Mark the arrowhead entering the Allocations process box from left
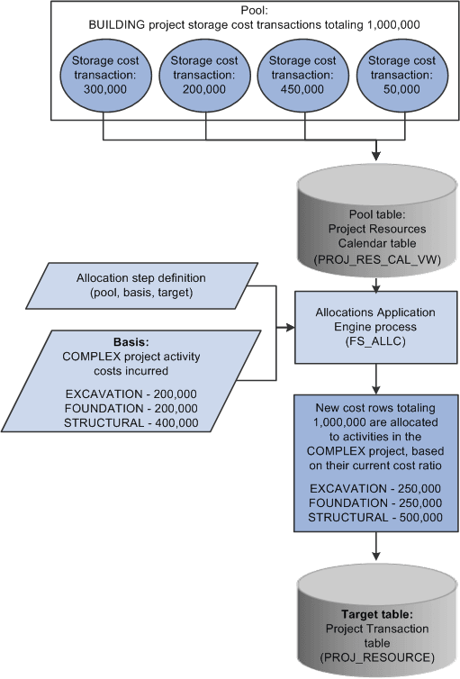292,329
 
